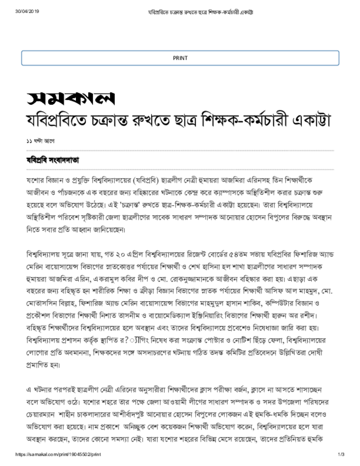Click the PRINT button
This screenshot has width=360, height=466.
180,58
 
